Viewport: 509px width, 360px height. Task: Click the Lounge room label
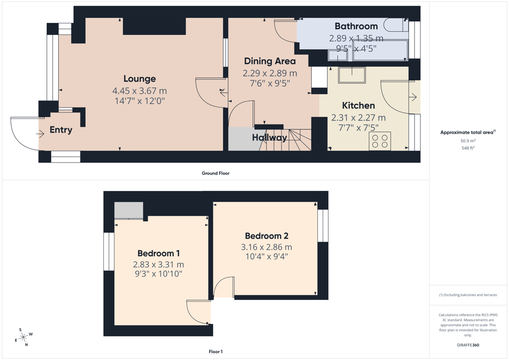[140, 79]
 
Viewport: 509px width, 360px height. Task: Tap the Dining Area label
[270, 61]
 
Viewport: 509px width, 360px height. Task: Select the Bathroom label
[356, 26]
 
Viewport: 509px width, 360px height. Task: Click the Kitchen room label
[358, 105]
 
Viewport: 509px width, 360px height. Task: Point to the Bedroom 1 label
[159, 253]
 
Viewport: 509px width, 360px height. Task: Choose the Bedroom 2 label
[266, 236]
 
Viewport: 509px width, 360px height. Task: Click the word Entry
[61, 130]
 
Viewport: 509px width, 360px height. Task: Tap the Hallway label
[269, 138]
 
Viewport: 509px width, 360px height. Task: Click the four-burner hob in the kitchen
[380, 141]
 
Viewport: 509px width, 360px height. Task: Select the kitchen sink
[352, 75]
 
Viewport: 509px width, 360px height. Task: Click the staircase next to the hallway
[285, 140]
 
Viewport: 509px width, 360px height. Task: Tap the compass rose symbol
[23, 338]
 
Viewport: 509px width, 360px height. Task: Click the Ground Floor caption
[216, 174]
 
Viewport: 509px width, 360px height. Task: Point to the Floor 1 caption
[216, 352]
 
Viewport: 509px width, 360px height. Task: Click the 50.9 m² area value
[468, 141]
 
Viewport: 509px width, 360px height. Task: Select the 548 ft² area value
[468, 148]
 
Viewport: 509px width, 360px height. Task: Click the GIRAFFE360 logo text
[468, 345]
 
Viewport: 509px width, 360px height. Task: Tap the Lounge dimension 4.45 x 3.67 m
[140, 91]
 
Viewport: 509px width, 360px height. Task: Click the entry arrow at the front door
[40, 133]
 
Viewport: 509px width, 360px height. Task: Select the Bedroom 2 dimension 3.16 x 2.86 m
[266, 247]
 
